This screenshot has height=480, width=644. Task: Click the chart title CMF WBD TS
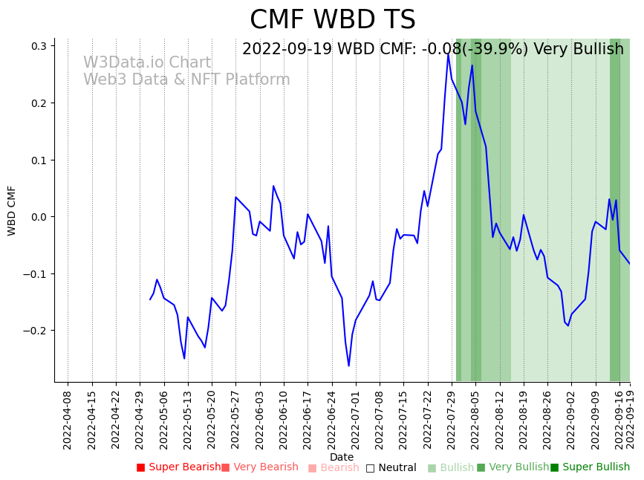tap(332, 20)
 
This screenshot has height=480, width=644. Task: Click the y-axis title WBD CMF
tap(12, 210)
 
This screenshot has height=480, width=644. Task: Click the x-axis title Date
tap(342, 457)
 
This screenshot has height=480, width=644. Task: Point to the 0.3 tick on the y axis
tap(38, 46)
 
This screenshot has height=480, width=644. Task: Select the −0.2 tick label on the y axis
tap(35, 331)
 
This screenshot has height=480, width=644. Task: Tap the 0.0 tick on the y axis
tap(38, 217)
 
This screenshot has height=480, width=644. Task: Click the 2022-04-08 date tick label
tap(68, 418)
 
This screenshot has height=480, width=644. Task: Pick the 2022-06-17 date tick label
tap(308, 418)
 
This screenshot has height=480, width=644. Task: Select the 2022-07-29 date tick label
tap(452, 418)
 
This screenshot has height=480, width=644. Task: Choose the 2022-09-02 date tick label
tap(571, 418)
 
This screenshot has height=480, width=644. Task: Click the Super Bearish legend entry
tap(178, 467)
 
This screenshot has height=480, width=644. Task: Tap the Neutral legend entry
tap(391, 467)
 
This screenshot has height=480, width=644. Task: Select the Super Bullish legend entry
tap(590, 467)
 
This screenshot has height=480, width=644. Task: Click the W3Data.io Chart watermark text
tap(147, 63)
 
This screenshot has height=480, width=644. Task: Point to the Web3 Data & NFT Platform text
tap(186, 80)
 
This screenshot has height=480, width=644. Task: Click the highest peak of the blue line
tap(448, 53)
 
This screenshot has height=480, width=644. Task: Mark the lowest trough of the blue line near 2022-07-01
tap(348, 366)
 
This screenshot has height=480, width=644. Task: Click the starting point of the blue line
tap(150, 299)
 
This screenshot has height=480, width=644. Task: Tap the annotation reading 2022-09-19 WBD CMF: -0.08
tap(433, 50)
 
